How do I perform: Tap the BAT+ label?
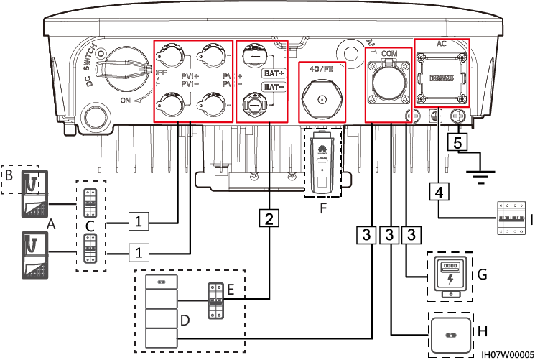coord(271,74)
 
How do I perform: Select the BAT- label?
coord(271,87)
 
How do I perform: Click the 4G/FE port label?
coord(321,70)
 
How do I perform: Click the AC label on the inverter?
coord(442,43)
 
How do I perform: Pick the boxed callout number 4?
coord(439,192)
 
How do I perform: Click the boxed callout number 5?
coord(457,142)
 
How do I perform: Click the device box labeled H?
coord(450,333)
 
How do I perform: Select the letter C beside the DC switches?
coord(89,226)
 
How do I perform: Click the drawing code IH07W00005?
coord(506,354)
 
